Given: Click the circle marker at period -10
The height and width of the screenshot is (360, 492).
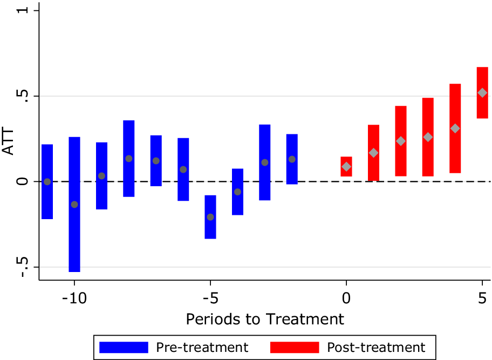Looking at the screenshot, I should point(74,205).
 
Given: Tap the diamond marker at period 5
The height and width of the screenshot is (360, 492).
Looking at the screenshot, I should point(482,93).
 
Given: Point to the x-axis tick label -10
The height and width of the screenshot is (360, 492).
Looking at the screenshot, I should point(74,297).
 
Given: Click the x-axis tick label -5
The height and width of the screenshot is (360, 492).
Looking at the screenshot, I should point(210,297).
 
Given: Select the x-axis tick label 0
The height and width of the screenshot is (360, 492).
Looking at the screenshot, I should point(346,297).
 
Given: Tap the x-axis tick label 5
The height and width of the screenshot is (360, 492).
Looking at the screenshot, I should point(482,297).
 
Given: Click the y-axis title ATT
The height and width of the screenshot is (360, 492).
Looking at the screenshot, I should point(9,139).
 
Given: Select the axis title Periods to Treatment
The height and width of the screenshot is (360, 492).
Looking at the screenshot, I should point(265,319).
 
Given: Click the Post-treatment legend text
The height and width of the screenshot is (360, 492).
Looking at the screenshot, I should point(376,347).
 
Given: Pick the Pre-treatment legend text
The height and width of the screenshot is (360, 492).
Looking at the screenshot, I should point(202,347).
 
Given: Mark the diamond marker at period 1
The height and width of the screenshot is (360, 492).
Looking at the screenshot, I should point(373,153).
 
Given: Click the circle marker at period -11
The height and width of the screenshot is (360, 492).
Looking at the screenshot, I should point(47,182).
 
